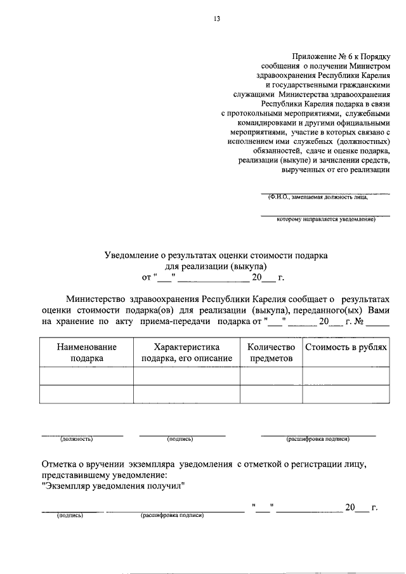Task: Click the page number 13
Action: coord(216,19)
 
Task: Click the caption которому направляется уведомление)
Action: coord(326,220)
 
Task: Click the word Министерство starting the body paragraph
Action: coord(99,299)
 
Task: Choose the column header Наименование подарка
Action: coord(87,353)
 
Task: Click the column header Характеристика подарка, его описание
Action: coord(187,353)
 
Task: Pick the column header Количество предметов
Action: coord(271,353)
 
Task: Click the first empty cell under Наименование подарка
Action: coord(87,375)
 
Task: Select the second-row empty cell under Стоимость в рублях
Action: coord(346,394)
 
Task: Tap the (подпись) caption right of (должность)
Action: coord(180,439)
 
